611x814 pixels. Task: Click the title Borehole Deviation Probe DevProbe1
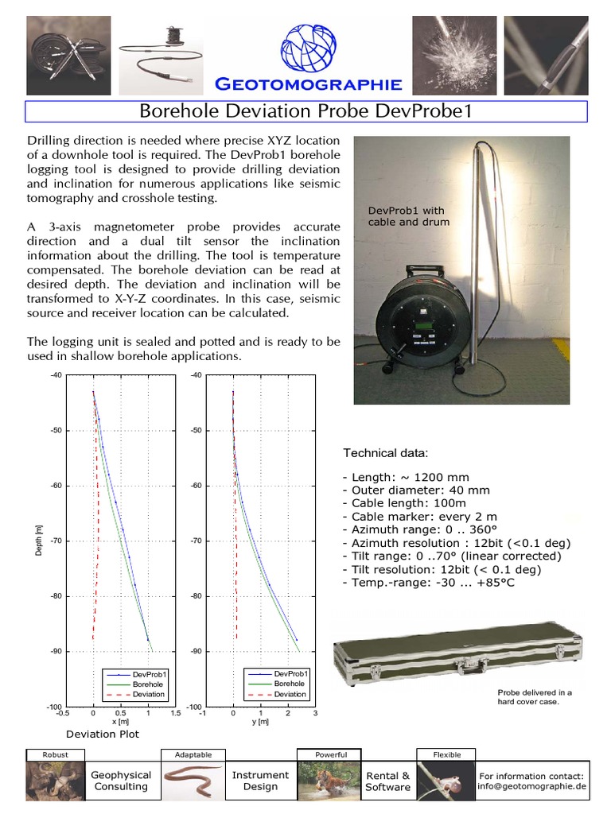coord(306,110)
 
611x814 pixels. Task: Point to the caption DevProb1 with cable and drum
coord(408,216)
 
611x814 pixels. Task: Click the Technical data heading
coord(385,453)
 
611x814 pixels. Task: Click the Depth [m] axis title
coord(39,541)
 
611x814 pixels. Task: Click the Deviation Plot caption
coord(102,734)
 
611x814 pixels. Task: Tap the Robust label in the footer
coord(55,754)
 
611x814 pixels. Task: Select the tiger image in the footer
coord(327,780)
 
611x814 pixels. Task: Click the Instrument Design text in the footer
coord(260,781)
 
